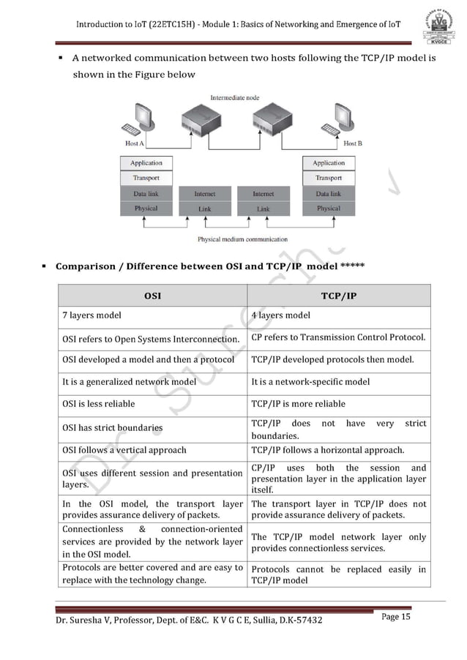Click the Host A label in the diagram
[x=135, y=143]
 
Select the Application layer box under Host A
[x=146, y=163]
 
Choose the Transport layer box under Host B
[x=328, y=178]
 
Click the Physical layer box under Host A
[x=146, y=209]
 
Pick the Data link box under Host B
[x=328, y=194]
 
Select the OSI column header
[x=152, y=296]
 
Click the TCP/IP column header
[x=338, y=296]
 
